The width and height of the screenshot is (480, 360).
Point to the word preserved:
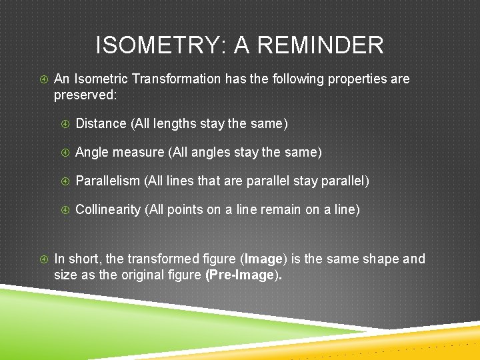85,95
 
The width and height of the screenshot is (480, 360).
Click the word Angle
92,152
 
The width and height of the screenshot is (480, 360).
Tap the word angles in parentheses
211,152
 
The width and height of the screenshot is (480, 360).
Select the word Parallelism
108,181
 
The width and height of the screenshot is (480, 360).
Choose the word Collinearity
109,209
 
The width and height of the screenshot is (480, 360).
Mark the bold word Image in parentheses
263,259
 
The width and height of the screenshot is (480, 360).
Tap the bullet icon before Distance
65,123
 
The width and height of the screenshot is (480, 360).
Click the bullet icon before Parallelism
65,181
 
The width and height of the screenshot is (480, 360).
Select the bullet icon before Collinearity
65,209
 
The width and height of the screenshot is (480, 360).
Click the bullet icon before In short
43,259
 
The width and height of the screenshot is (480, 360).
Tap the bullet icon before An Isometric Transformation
43,79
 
